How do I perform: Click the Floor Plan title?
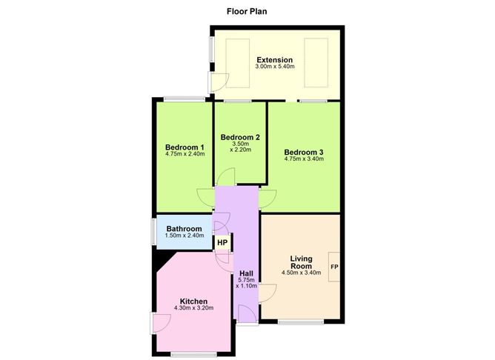[x=247, y=11]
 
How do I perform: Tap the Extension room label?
[x=275, y=60]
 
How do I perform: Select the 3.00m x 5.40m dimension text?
[x=275, y=67]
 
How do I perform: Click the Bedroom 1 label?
[x=185, y=147]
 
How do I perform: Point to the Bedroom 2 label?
[x=240, y=137]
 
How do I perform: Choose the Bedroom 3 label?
[x=304, y=152]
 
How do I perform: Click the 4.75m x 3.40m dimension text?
[x=304, y=159]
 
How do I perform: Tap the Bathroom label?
[x=184, y=228]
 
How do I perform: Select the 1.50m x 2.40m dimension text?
[x=185, y=236]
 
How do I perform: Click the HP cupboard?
[x=222, y=243]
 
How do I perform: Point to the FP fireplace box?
[x=334, y=267]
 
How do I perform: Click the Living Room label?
[x=301, y=262]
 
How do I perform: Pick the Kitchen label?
[x=193, y=301]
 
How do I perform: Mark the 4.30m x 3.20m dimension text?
[x=193, y=308]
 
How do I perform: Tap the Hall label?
[x=246, y=273]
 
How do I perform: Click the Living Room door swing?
[x=268, y=293]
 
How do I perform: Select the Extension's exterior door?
[x=219, y=82]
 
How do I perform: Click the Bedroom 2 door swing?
[x=226, y=177]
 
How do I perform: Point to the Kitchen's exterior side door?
[x=161, y=323]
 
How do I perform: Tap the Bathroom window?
[x=153, y=232]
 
